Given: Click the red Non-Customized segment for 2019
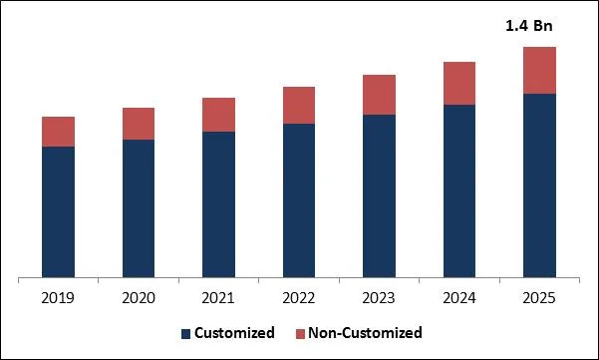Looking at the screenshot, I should point(58,132).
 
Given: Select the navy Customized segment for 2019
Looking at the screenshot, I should point(58,211).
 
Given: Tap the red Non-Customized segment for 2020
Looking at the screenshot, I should point(139,124).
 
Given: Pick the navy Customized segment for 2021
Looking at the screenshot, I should point(218,203).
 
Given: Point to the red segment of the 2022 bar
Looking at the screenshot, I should point(299,105).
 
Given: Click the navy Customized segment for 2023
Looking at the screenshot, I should point(379,195).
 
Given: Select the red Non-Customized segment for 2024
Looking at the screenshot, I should point(459,83).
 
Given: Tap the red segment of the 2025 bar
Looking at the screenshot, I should point(539,70).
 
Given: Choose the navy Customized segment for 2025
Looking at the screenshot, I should point(539,184).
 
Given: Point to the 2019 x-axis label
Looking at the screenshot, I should point(58,297).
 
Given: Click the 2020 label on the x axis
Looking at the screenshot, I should point(139,297).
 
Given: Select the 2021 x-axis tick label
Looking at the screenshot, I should point(218,297).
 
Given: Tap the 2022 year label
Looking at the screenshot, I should point(299,297).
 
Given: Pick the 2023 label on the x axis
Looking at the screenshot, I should point(379,297).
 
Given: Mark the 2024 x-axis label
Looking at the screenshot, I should point(459,297).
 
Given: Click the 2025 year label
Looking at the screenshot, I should point(539,297).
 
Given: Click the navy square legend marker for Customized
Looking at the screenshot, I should point(185,333).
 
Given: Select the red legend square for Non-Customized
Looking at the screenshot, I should point(299,333).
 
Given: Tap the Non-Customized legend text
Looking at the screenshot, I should point(365,333).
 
